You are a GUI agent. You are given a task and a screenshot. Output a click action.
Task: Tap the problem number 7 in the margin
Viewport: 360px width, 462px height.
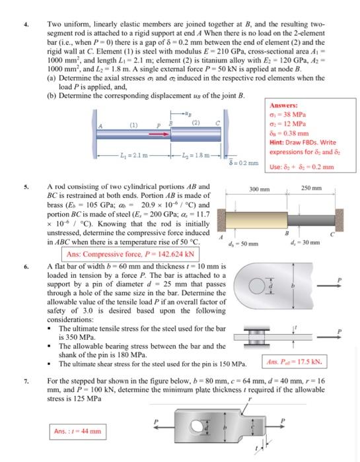(25, 381)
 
